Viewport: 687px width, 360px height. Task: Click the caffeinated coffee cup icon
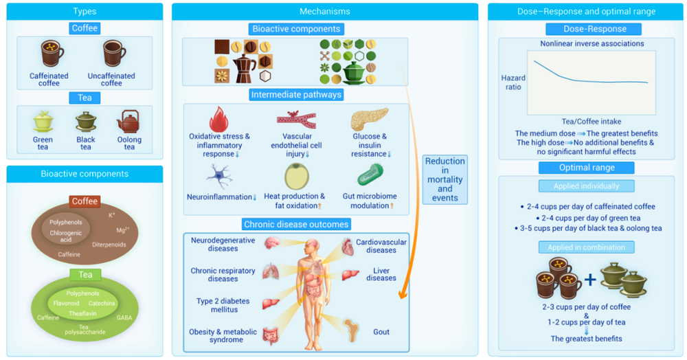(x=52, y=52)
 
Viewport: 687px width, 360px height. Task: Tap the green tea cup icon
(x=43, y=122)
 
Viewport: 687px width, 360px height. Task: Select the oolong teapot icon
(x=129, y=122)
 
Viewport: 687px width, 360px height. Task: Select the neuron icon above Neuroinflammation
(x=220, y=177)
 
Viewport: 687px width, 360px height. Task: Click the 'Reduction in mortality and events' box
(x=444, y=179)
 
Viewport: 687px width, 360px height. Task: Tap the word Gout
(x=381, y=333)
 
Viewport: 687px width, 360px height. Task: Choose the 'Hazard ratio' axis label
(x=513, y=82)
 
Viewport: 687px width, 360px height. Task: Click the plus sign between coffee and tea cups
(x=589, y=280)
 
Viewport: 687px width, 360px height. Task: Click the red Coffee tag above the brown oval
(x=85, y=201)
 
